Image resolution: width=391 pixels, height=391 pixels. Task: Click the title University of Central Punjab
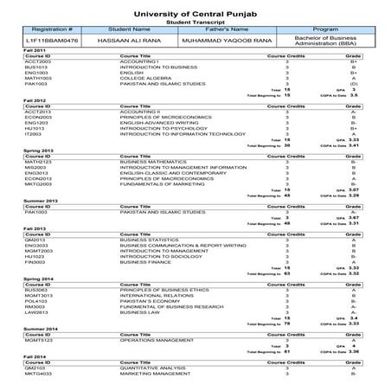195,9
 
